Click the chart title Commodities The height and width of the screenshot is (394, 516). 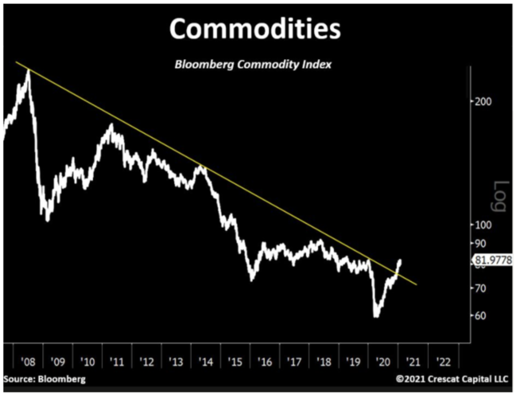(x=255, y=30)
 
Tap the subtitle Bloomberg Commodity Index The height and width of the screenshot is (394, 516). (x=253, y=65)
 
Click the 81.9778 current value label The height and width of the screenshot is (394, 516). (x=492, y=260)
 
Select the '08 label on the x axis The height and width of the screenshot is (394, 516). (x=28, y=362)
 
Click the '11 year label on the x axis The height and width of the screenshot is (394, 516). (x=117, y=362)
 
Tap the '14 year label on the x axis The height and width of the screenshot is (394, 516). (x=206, y=362)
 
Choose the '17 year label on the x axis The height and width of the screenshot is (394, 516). (x=295, y=362)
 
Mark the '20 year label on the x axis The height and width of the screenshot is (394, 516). (x=383, y=362)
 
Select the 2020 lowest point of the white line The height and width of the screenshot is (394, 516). (x=376, y=316)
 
